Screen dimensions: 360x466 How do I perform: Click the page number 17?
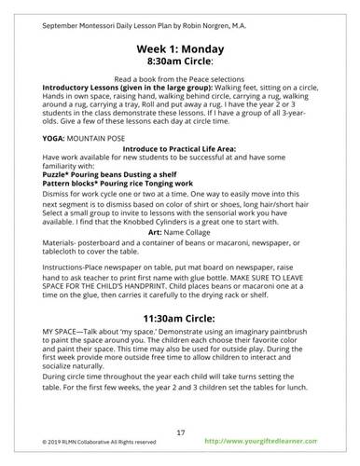180,432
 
